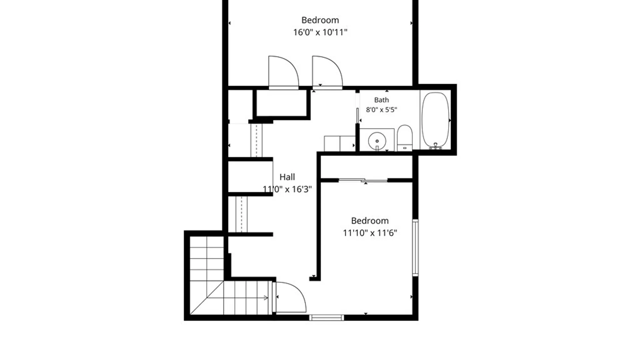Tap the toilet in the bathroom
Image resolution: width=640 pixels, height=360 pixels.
coord(405,138)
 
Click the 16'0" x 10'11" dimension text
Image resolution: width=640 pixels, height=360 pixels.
coord(320,32)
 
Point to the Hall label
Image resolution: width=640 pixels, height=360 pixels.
coord(287,177)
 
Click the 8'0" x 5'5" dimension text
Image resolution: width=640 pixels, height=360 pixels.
coord(381,110)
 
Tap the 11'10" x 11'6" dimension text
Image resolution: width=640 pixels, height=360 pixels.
coord(370,233)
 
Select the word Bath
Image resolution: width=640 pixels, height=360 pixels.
coord(381,100)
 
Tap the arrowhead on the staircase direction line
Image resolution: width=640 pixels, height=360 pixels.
coord(266,298)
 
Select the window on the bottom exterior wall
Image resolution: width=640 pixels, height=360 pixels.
coord(326,318)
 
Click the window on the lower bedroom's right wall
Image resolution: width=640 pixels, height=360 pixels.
coord(415,248)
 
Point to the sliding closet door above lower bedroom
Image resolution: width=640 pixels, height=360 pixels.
coord(363,180)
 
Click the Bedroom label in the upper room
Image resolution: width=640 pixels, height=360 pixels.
coord(320,20)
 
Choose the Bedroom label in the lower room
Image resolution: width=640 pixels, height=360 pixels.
coord(370,221)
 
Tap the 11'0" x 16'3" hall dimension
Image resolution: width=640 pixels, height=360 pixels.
coord(287,189)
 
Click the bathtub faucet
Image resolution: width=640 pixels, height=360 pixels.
coord(435,146)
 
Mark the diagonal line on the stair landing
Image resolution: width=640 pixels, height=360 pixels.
coord(207,298)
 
